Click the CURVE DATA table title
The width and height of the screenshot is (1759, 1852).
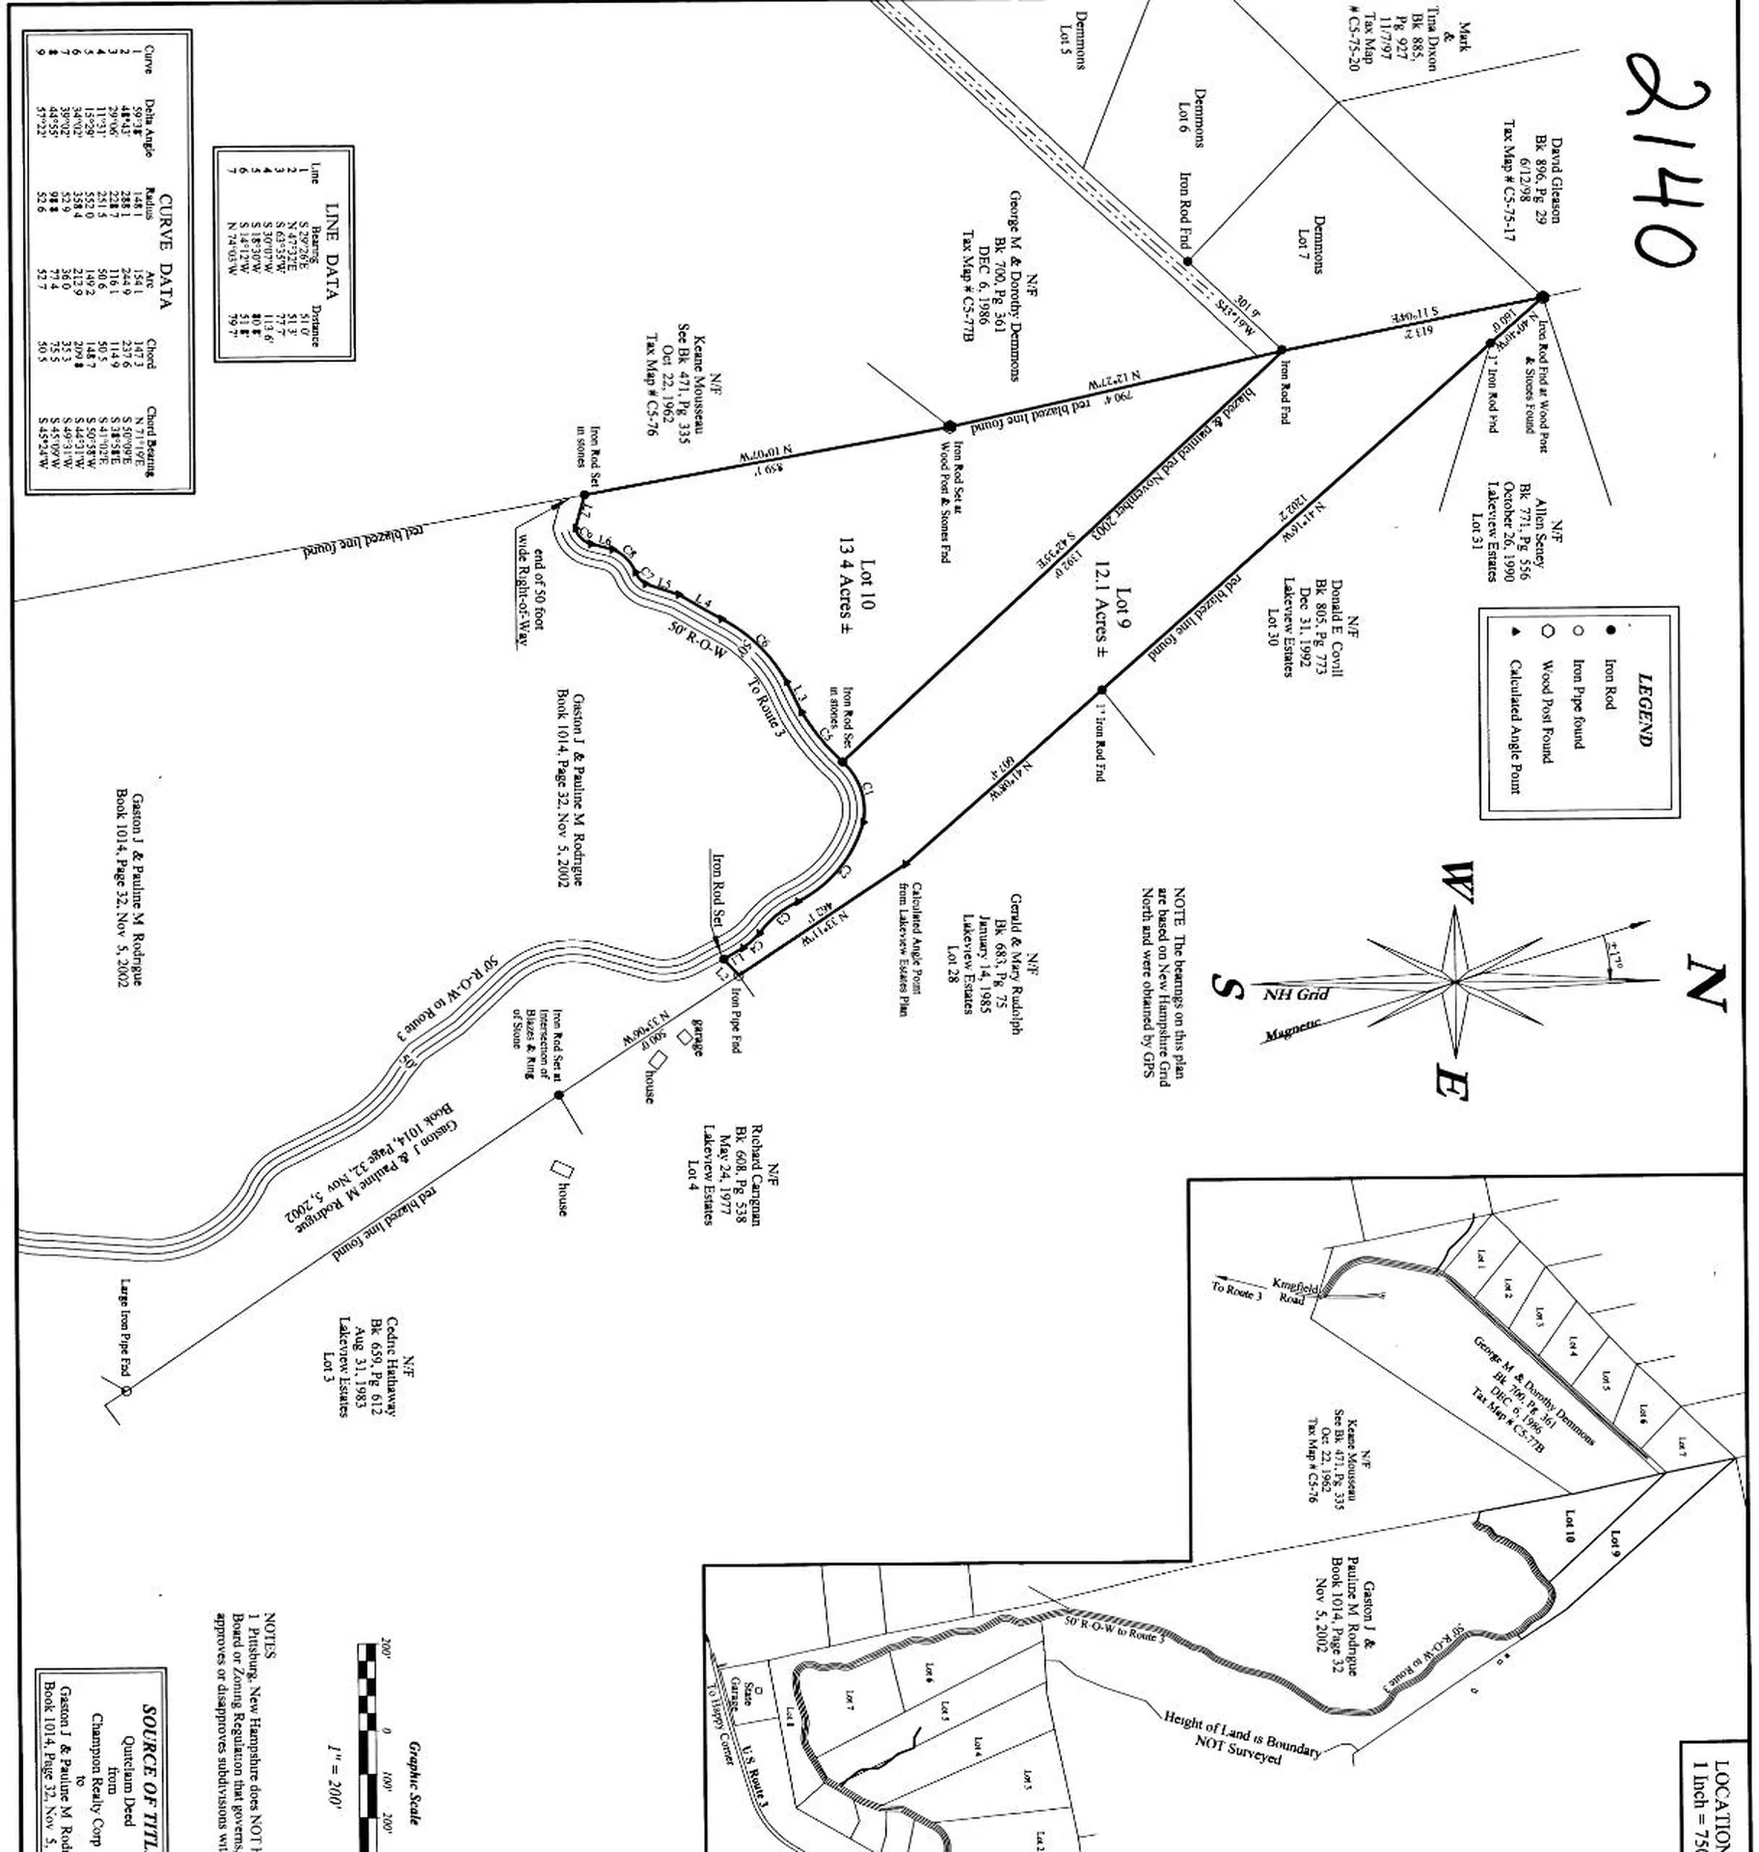[165, 252]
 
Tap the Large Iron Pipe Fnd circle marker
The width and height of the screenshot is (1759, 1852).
[126, 1390]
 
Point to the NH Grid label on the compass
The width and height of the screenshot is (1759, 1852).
[1296, 994]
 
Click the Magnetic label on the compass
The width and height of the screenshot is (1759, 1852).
[1292, 1030]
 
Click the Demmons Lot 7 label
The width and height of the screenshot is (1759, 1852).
[1312, 244]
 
